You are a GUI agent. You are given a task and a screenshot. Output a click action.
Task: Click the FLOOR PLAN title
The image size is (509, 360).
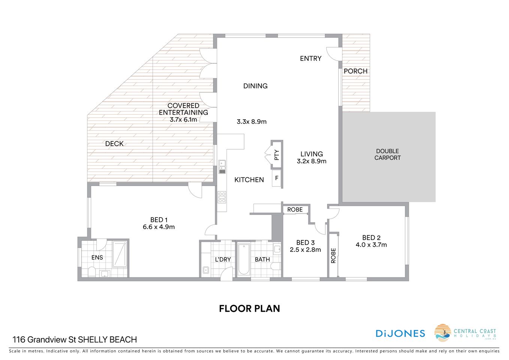click(249, 309)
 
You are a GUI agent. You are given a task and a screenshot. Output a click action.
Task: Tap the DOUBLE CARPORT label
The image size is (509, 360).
click(387, 154)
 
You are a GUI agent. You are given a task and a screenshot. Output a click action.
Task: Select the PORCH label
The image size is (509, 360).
click(355, 71)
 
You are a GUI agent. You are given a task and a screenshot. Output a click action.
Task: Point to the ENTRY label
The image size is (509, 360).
click(311, 58)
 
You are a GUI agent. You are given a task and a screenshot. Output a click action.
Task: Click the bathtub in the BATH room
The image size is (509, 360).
click(244, 259)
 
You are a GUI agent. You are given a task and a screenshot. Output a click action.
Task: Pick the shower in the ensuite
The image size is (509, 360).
click(120, 254)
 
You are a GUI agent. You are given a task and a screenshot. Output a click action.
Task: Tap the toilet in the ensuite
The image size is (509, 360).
click(91, 271)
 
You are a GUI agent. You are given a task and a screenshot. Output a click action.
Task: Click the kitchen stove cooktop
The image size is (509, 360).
click(222, 197)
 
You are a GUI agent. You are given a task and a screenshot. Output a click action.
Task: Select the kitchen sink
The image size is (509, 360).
click(222, 166)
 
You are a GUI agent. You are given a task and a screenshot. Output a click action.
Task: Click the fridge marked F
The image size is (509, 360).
click(277, 178)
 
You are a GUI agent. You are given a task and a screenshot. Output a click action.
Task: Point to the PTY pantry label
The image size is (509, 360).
click(277, 155)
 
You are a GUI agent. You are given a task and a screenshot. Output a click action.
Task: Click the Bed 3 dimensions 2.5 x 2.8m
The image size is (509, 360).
click(305, 250)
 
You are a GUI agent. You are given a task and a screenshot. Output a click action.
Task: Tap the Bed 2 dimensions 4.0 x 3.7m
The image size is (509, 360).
click(371, 245)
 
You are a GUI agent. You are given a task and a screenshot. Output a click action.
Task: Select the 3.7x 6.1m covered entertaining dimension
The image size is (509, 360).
click(183, 120)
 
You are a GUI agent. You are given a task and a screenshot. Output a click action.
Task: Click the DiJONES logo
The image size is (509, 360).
click(400, 333)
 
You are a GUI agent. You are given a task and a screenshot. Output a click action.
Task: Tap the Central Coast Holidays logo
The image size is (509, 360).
click(465, 333)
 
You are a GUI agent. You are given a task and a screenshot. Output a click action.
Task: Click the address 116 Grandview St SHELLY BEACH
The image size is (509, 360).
click(75, 340)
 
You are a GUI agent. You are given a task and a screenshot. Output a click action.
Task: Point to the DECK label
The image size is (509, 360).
click(114, 144)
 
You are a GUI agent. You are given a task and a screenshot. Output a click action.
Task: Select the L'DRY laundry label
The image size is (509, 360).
click(223, 259)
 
